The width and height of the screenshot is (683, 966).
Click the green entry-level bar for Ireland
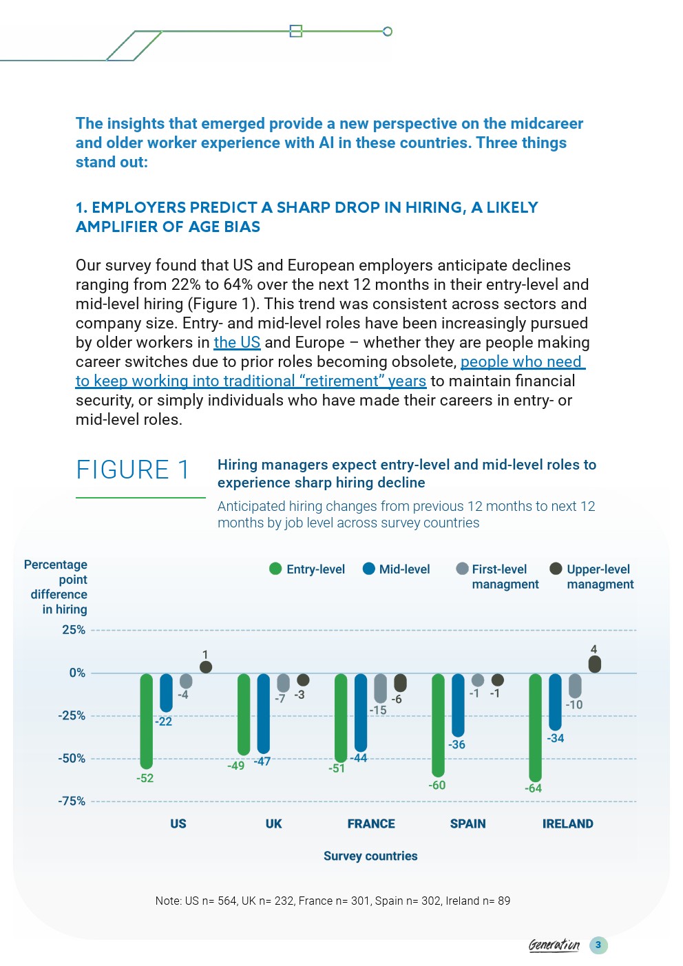click(x=535, y=728)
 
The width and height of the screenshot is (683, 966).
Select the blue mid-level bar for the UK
click(x=264, y=714)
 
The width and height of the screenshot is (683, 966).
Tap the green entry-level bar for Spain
click(x=438, y=725)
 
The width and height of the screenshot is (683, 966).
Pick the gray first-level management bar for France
click(x=380, y=689)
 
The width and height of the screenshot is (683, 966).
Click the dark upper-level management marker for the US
click(x=206, y=667)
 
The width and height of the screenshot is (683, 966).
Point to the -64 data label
click(x=533, y=788)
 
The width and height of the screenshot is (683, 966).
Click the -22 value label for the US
click(x=163, y=722)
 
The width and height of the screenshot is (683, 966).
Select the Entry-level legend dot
click(x=275, y=569)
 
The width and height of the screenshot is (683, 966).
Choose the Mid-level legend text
click(x=404, y=569)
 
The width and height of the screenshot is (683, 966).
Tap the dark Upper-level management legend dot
click(x=556, y=569)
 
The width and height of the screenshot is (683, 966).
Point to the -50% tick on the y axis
click(x=72, y=759)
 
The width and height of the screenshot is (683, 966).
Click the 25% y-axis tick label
click(x=74, y=630)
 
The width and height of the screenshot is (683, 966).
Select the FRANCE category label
click(x=371, y=823)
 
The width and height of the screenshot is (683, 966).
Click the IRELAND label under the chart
click(x=567, y=823)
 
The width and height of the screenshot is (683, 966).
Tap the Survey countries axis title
click(x=370, y=856)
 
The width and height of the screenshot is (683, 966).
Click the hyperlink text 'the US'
click(x=237, y=342)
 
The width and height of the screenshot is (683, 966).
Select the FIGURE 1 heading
click(x=133, y=470)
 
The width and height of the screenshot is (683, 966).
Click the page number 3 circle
click(x=598, y=945)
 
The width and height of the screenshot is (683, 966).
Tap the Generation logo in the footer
click(x=554, y=945)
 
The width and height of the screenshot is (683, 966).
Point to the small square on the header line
click(x=296, y=31)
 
